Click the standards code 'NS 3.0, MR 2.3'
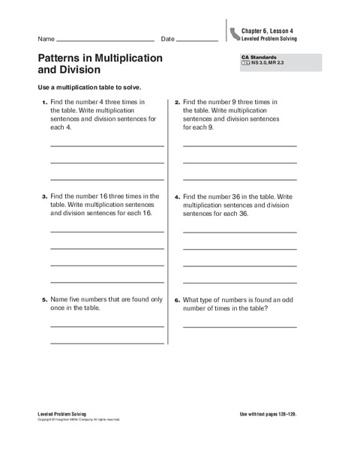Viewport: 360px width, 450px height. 262,64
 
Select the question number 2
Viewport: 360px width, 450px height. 177,101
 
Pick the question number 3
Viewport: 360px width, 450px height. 43,196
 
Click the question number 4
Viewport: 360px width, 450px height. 177,196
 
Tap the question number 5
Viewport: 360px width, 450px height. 43,299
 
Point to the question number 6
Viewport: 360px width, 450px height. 177,299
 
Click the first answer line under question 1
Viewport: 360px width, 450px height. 107,145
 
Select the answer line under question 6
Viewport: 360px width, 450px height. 239,326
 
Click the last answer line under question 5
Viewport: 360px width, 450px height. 107,342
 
